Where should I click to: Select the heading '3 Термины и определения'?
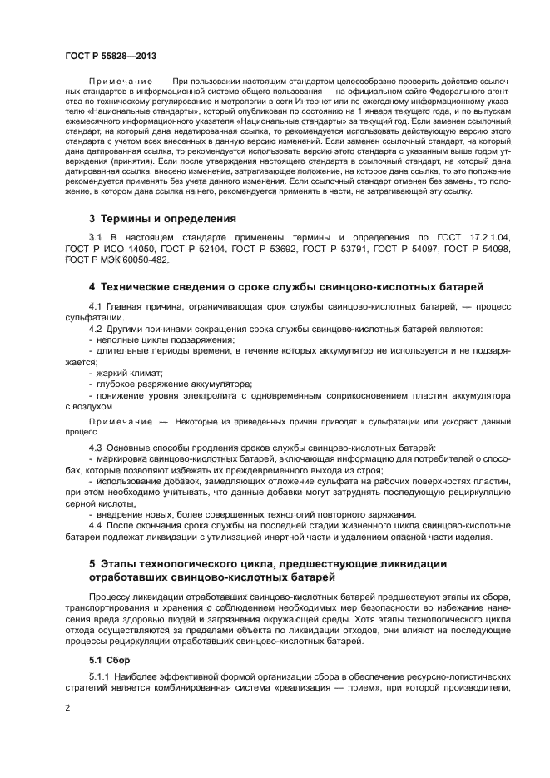pyautogui.click(x=162, y=218)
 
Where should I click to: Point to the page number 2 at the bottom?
pyautogui.click(x=67, y=708)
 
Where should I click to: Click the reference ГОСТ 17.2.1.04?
pyautogui.click(x=478, y=238)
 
